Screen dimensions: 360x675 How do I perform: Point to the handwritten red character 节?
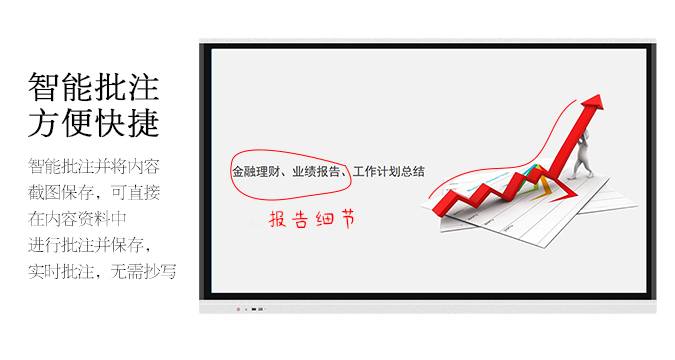[346, 219]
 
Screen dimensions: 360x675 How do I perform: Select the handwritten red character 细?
[324, 220]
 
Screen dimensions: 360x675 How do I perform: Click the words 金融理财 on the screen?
[256, 172]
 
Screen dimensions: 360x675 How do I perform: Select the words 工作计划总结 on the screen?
[389, 172]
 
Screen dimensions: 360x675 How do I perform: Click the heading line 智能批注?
[93, 87]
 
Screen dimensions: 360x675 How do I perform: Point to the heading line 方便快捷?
[93, 124]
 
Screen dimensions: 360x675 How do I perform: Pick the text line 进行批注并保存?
[94, 244]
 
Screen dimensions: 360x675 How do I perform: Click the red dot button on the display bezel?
[237, 308]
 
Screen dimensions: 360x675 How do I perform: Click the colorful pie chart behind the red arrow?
[537, 175]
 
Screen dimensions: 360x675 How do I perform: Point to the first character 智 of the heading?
[45, 87]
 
